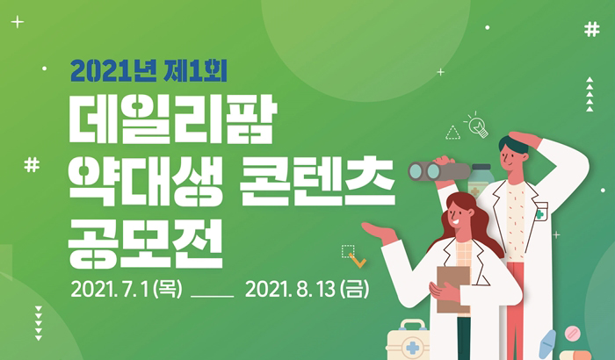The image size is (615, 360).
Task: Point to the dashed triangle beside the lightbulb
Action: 452,133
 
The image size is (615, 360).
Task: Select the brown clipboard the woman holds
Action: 453,287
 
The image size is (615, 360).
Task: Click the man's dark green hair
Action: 513,145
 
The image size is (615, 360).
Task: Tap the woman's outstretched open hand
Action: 375,233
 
